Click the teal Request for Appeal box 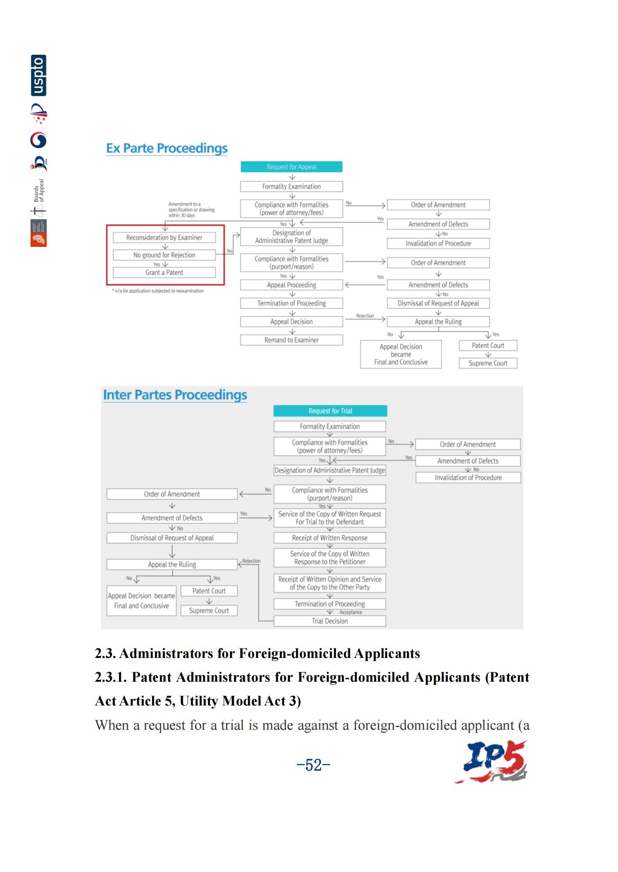click(x=291, y=167)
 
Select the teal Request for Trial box click(x=330, y=411)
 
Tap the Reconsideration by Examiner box click(x=164, y=237)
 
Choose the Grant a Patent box click(x=164, y=272)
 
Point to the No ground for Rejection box click(x=164, y=255)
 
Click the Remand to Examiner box click(x=291, y=340)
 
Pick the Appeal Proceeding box click(x=291, y=285)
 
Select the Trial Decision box click(x=330, y=621)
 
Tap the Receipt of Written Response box click(x=330, y=538)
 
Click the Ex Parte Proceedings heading click(x=167, y=149)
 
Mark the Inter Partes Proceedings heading click(x=175, y=395)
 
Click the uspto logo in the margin click(x=39, y=75)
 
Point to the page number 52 click(x=313, y=765)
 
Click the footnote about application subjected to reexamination click(x=158, y=291)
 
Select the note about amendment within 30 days click(x=191, y=210)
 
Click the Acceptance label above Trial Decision click(x=351, y=612)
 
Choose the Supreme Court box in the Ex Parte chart click(x=488, y=363)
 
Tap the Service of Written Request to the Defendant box click(x=330, y=518)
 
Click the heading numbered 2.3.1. click(x=312, y=689)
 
